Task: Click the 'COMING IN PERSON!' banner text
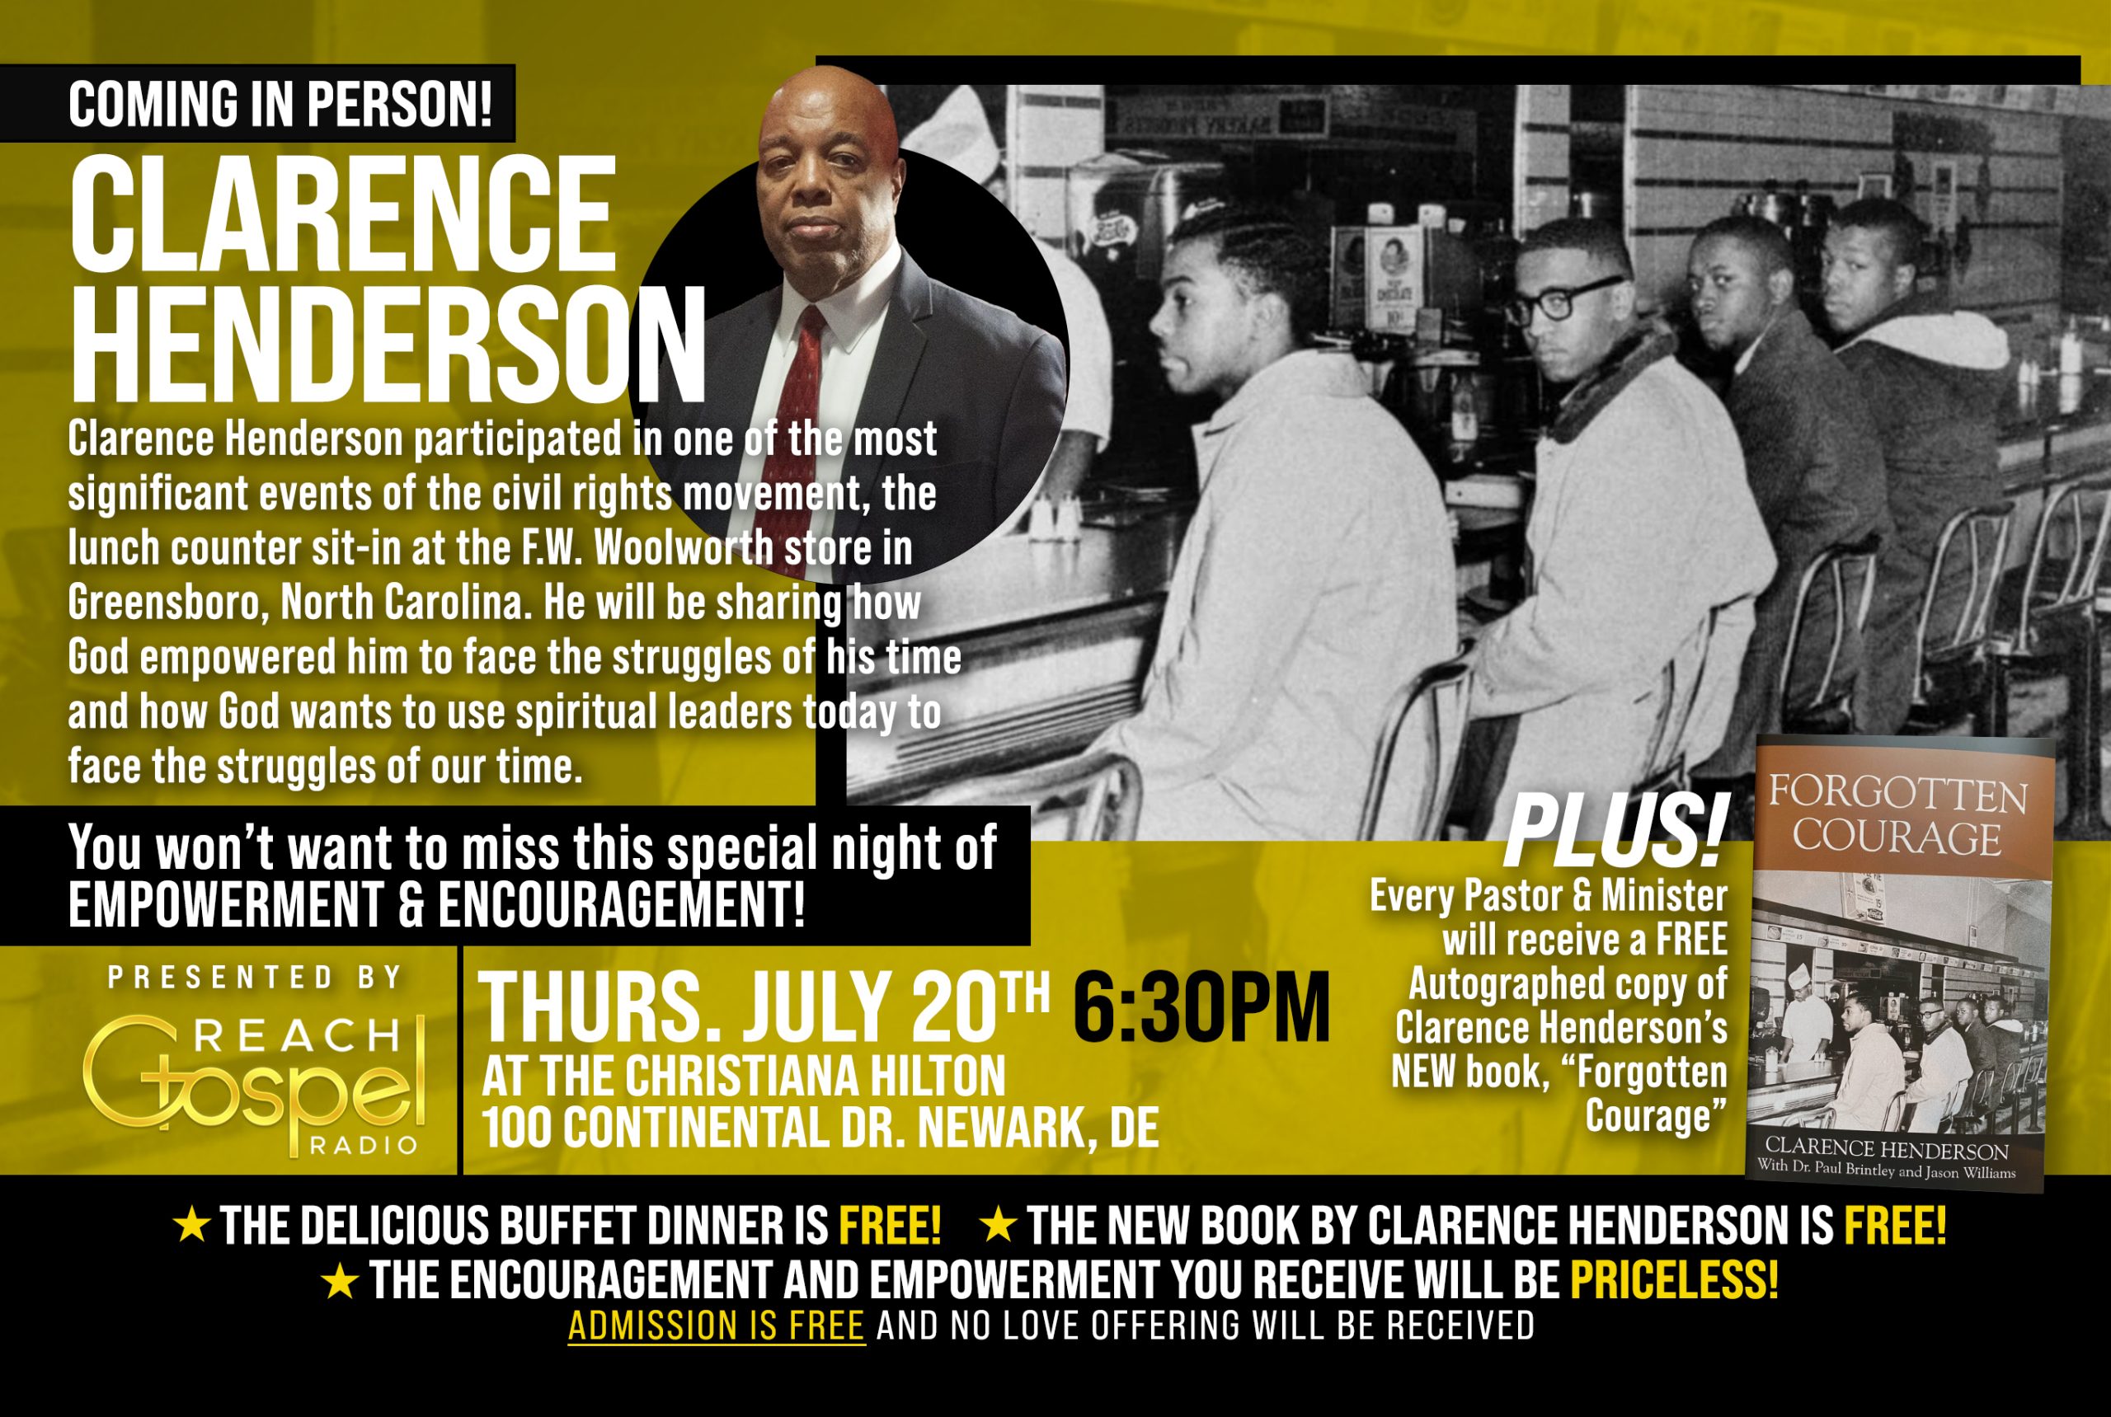coord(280,104)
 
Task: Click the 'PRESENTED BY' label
coord(256,977)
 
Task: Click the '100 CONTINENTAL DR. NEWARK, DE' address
coord(820,1128)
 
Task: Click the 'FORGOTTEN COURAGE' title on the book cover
coord(1898,815)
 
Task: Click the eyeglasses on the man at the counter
coord(1564,299)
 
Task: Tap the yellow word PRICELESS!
coord(1674,1279)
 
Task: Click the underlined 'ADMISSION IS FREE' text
coord(717,1326)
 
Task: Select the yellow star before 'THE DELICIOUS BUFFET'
coord(191,1226)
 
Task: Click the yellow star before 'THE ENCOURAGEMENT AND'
coord(340,1280)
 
